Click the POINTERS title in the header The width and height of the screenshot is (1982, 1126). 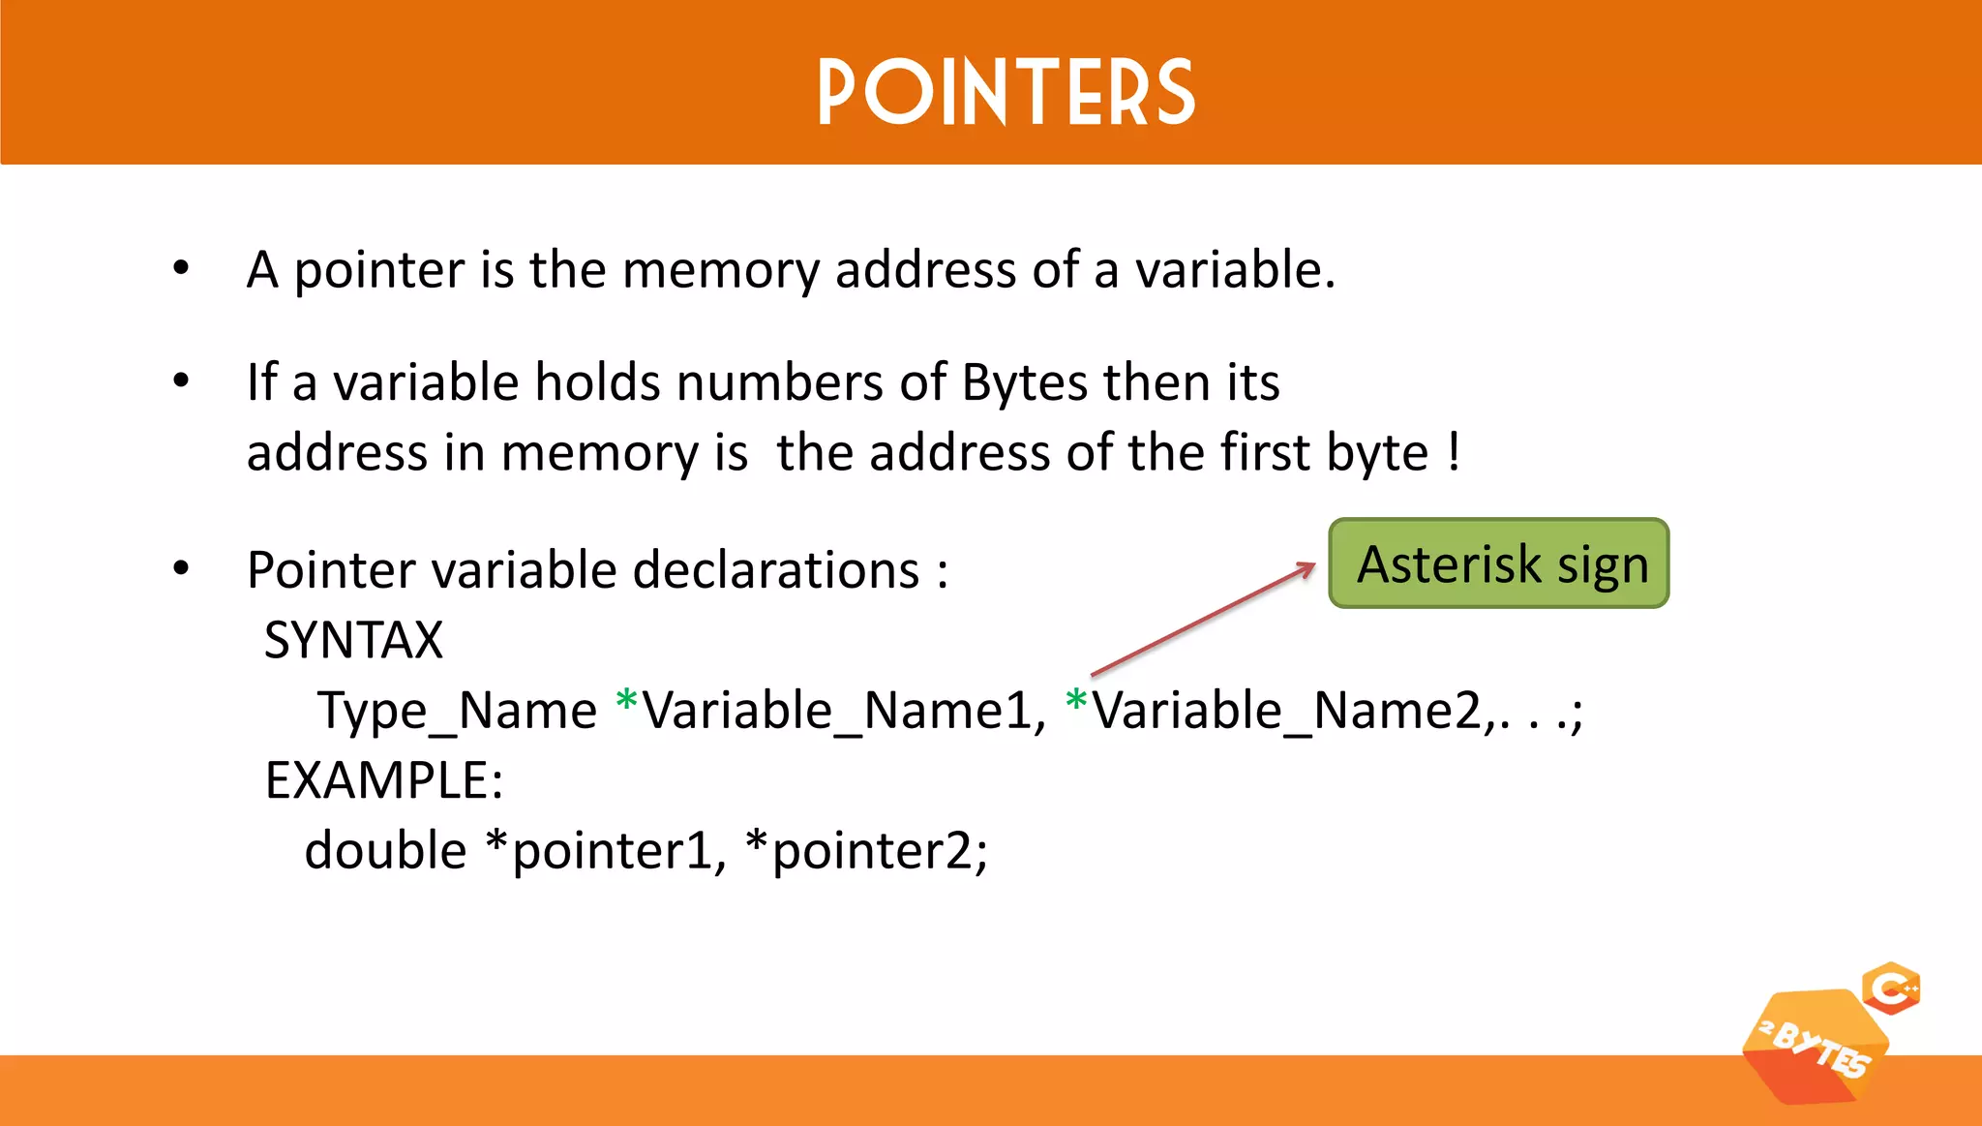click(x=1006, y=92)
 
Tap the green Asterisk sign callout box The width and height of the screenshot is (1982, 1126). click(x=1499, y=563)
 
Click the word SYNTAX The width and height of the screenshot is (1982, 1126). click(x=353, y=640)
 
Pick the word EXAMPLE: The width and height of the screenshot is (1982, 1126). click(x=384, y=780)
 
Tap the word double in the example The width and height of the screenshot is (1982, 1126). click(x=385, y=850)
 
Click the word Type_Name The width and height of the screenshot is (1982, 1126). click(x=457, y=711)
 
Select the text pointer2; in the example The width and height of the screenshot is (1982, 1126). click(x=880, y=851)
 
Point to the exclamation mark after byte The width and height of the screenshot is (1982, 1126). click(x=1455, y=452)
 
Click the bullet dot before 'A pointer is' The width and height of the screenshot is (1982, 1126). click(x=181, y=268)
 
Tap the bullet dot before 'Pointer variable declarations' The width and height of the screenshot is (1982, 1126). click(x=181, y=568)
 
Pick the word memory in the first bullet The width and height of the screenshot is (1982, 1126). click(x=721, y=270)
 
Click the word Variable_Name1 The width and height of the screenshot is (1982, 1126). click(x=844, y=711)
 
